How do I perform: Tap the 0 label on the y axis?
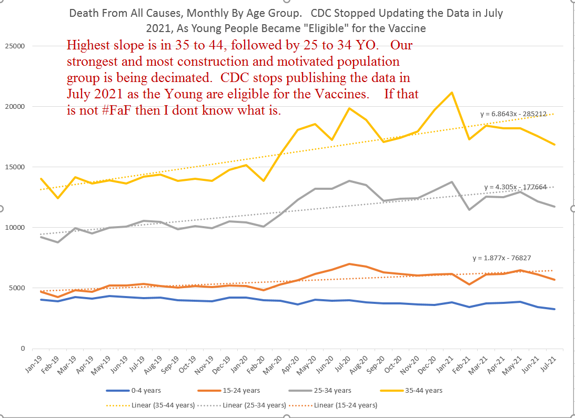tap(23, 349)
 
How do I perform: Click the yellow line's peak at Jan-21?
tap(451, 93)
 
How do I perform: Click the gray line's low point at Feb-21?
tap(469, 209)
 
